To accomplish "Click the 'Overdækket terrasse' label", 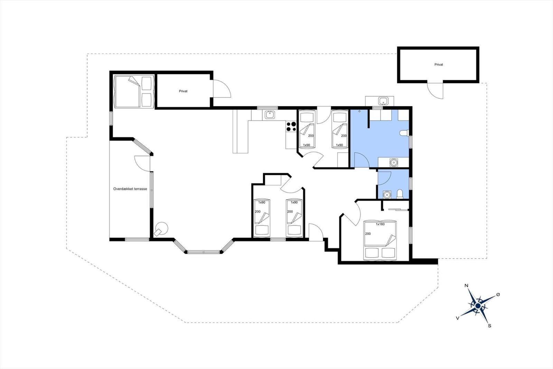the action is pos(130,189).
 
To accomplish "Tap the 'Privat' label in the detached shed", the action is pos(439,64).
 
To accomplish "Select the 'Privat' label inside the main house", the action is pos(183,91).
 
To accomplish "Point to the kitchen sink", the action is pos(270,115).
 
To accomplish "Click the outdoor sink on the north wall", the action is pos(383,101).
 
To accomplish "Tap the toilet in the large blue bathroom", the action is pos(404,133).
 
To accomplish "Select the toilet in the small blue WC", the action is pos(400,194).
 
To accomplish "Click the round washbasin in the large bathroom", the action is pos(394,162).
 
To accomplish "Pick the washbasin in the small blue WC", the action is pos(387,195).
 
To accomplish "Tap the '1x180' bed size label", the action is pos(380,224).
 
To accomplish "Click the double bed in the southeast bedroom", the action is pos(380,240).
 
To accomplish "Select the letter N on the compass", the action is pos(466,286).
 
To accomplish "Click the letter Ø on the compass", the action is pos(498,295).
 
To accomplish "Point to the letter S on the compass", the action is pos(489,326).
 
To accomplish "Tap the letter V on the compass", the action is pos(458,318).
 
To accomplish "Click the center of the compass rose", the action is pos(478,306).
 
